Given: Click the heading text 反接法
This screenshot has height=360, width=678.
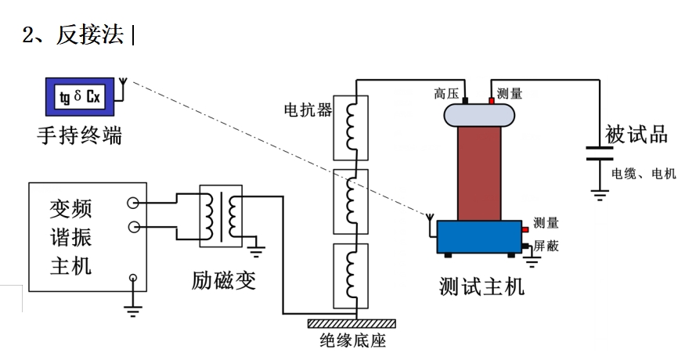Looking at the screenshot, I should coord(89,34).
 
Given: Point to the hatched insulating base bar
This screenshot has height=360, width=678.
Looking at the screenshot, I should coord(352,323).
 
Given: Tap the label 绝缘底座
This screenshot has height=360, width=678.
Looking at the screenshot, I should coord(353,341).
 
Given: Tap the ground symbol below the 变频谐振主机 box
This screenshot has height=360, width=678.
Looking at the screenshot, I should coord(133,309).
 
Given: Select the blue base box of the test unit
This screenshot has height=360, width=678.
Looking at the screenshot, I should coord(478,236).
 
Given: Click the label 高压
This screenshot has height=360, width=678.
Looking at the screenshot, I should coord(446,94).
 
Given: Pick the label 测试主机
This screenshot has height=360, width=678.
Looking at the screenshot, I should coord(481,286).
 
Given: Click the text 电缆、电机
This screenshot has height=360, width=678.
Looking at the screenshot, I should coord(642,174).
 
